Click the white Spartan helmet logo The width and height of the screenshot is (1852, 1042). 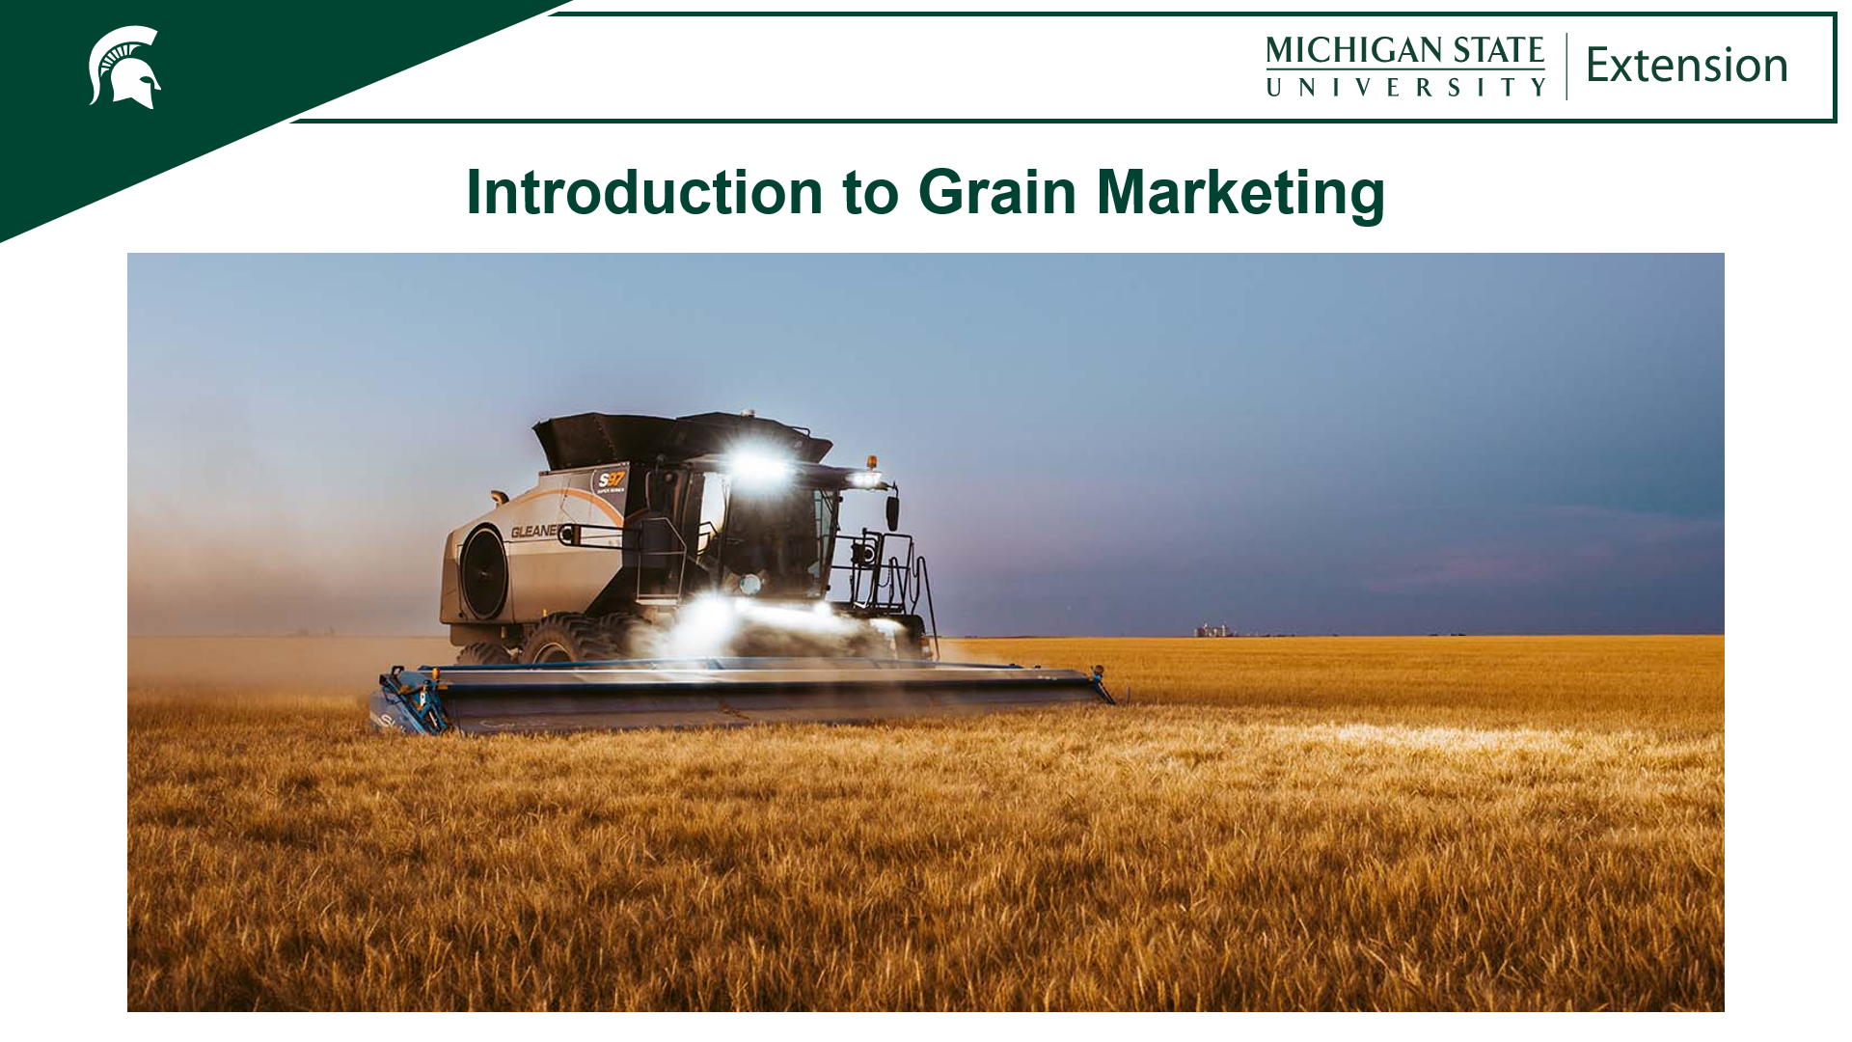(124, 68)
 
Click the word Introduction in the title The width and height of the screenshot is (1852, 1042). (644, 192)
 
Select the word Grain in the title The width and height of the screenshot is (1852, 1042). (996, 192)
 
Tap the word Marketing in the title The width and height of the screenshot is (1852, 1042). (1240, 192)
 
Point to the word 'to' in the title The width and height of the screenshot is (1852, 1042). (870, 193)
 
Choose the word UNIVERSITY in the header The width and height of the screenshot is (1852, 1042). (1404, 87)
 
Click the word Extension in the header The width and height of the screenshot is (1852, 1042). (1686, 66)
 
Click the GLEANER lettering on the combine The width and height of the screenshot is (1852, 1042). (533, 532)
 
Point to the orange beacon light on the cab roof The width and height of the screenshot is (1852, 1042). (872, 462)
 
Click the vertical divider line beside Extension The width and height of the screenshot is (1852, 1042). (1566, 66)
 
